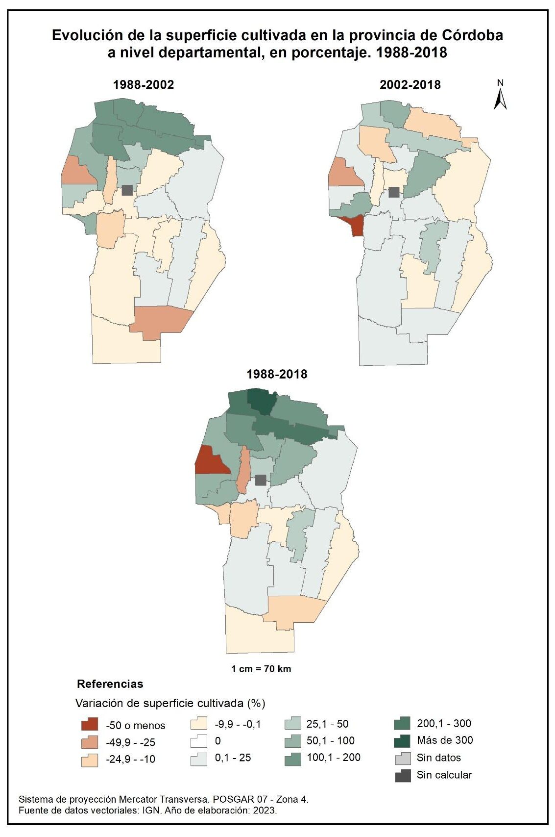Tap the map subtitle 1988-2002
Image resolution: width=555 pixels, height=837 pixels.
(143, 85)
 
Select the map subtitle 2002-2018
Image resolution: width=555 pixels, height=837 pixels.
(410, 85)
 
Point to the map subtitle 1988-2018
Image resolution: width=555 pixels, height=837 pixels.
(277, 374)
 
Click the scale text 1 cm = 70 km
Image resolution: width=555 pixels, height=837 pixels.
(261, 669)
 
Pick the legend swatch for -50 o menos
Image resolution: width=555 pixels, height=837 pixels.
(90, 725)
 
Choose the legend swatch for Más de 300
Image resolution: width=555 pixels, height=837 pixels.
(402, 740)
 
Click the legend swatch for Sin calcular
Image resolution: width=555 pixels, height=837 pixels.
(402, 775)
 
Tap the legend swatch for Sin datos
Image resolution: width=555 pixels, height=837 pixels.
(402, 758)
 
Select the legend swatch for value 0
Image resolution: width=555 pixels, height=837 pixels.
(198, 741)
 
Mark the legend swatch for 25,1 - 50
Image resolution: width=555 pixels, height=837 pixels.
(292, 724)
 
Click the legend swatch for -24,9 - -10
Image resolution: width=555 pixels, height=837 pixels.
(90, 760)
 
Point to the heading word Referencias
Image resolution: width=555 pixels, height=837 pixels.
(110, 684)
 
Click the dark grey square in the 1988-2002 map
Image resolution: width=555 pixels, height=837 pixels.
(127, 190)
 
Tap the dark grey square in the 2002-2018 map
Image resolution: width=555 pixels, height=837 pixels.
(394, 192)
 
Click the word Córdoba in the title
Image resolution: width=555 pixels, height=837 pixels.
(472, 36)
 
